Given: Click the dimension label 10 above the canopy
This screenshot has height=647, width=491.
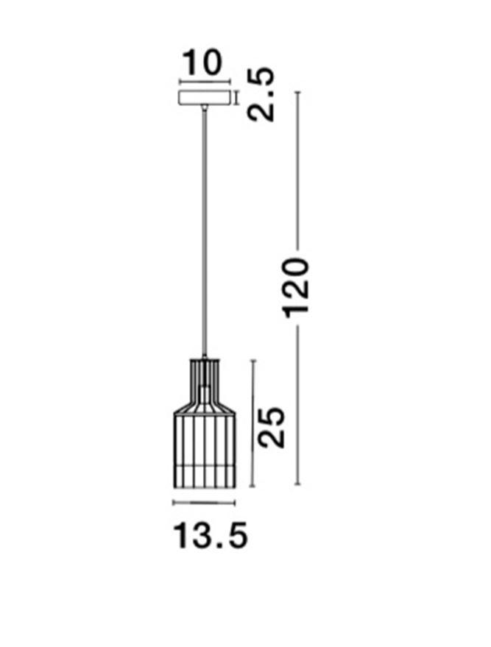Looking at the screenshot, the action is click(x=202, y=63).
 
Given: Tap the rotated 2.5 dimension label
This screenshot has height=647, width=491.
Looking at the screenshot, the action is click(x=261, y=94).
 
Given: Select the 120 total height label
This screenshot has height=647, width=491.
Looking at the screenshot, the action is click(x=296, y=288).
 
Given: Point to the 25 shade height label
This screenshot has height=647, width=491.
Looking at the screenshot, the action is click(x=272, y=427).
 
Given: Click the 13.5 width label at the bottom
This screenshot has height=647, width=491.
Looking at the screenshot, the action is click(x=211, y=535).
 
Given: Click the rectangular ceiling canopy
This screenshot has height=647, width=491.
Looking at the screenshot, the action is click(x=204, y=97).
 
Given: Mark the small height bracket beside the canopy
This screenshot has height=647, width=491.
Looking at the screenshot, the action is click(x=236, y=98).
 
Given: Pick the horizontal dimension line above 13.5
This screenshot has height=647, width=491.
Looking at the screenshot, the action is click(x=204, y=503).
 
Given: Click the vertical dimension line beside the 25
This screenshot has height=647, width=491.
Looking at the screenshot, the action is click(x=253, y=424).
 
